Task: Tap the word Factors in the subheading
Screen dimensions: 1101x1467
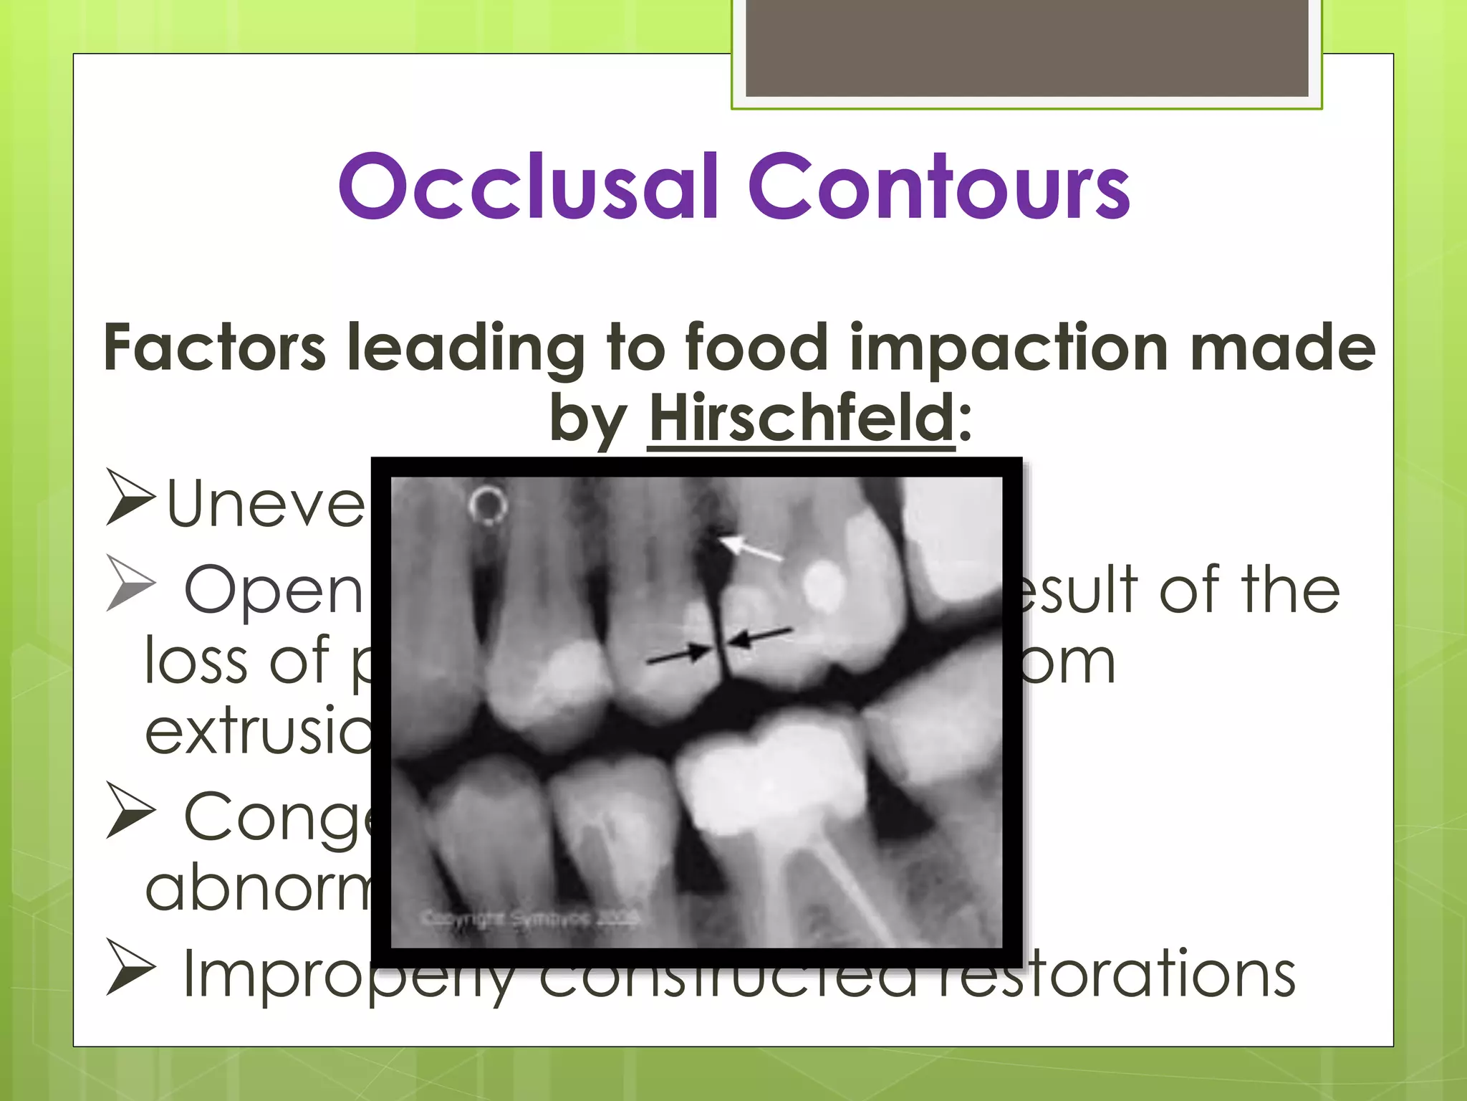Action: [x=214, y=348]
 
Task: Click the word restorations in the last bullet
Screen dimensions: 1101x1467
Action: [x=1117, y=973]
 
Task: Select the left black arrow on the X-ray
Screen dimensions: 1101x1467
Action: [x=677, y=654]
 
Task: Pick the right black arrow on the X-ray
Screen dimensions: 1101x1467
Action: [x=763, y=636]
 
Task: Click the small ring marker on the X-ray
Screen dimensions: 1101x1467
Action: [x=489, y=505]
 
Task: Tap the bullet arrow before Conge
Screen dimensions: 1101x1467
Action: [x=130, y=810]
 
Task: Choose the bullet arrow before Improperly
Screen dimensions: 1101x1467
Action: [x=130, y=968]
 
